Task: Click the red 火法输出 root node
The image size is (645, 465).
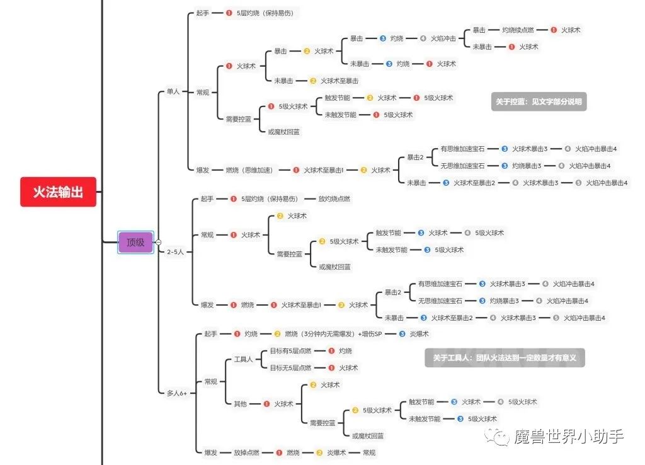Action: tap(58, 192)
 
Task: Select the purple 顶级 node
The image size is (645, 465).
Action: tap(135, 242)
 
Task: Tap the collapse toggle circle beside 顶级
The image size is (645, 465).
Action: tap(158, 242)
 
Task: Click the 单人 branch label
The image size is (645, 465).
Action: tap(173, 92)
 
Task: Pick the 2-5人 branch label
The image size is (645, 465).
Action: tap(176, 251)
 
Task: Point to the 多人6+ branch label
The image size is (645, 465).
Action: tap(177, 393)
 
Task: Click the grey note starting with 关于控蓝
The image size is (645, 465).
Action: tap(539, 101)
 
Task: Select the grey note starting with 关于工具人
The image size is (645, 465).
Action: tap(505, 358)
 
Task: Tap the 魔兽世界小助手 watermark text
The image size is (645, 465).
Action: tap(569, 436)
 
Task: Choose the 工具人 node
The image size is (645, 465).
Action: tap(243, 359)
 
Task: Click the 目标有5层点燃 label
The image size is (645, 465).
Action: tap(290, 351)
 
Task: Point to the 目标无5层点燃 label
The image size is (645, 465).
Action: tap(290, 368)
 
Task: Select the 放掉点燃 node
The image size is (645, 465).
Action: tap(246, 452)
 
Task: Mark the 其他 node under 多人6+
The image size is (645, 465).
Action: tap(240, 404)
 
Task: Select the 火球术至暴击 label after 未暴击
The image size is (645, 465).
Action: tap(340, 81)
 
